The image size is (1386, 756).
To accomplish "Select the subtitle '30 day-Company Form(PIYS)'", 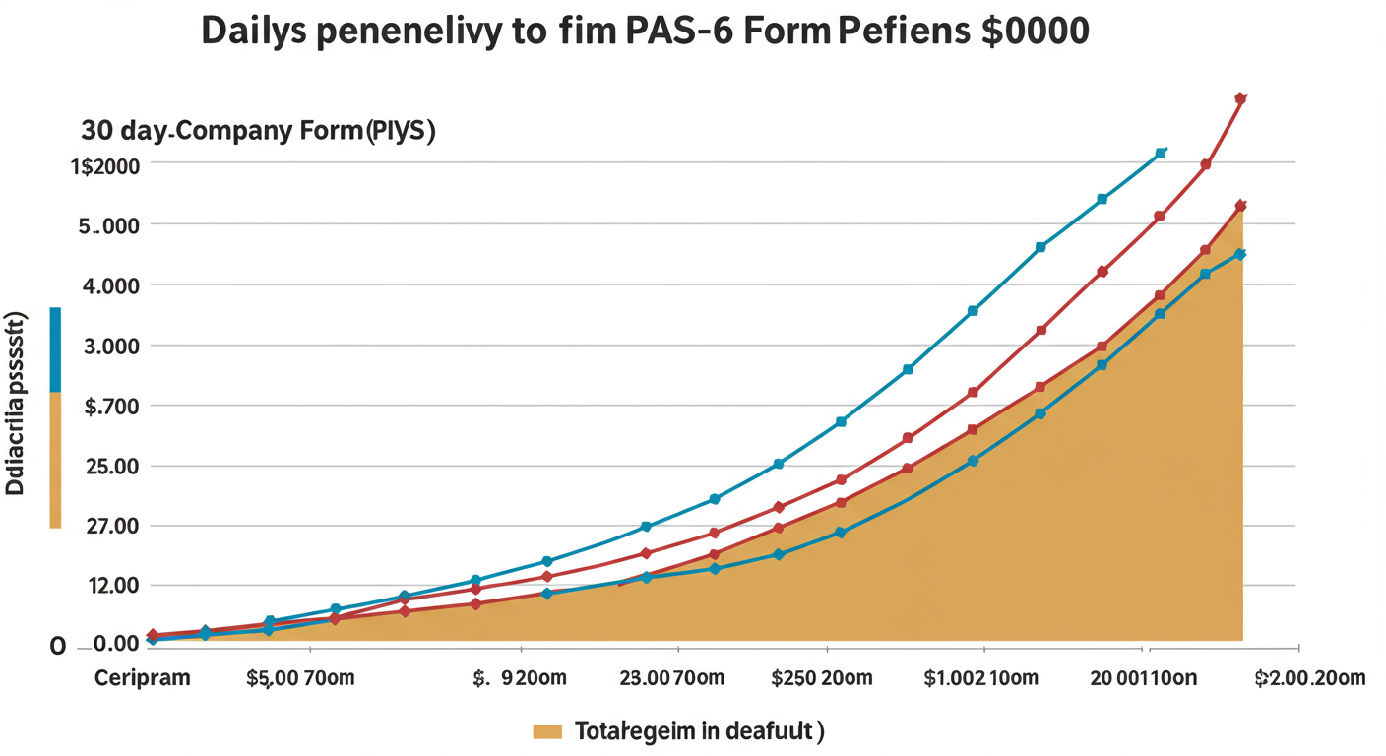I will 258,132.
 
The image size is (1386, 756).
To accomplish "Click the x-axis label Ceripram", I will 142,678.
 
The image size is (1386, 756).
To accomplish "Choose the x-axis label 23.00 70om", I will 672,678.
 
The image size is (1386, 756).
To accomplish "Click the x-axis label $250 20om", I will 821,678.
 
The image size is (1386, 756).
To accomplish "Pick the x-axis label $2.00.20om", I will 1310,678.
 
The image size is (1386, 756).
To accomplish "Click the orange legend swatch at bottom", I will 546,731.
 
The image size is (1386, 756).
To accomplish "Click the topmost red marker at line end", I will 1240,98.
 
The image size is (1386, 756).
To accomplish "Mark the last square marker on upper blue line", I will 1162,153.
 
